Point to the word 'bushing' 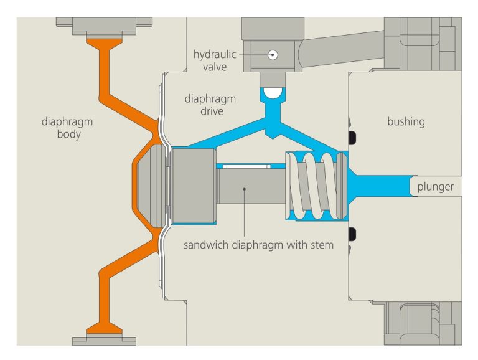coord(406,121)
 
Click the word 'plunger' coord(436,186)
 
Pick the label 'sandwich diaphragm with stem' coord(258,245)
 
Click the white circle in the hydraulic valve coord(272,55)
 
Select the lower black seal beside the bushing coord(353,235)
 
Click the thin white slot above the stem coord(246,166)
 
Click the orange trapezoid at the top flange coord(104,44)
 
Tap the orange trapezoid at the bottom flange coord(104,328)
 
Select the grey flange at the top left coord(104,26)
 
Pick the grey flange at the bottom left coord(104,340)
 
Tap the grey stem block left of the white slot coord(193,186)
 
